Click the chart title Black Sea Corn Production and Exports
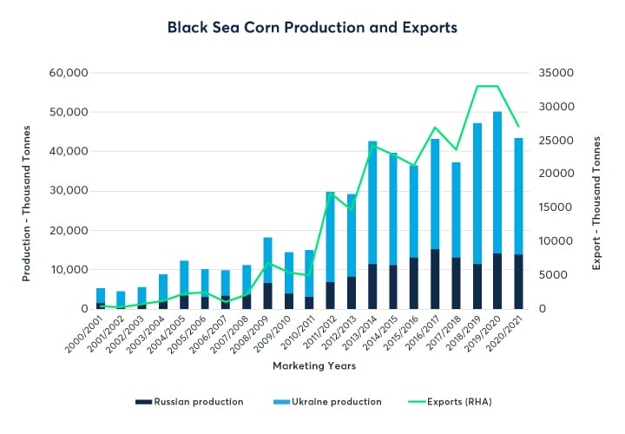[x=312, y=28]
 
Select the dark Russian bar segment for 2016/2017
[x=435, y=279]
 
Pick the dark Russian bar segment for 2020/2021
[x=518, y=281]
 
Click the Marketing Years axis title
[x=313, y=365]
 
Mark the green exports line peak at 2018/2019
[x=477, y=86]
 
